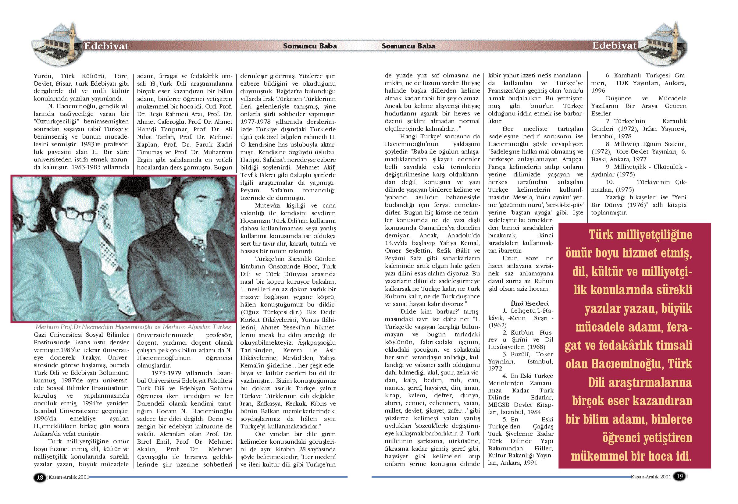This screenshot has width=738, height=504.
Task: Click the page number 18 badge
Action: (40, 477)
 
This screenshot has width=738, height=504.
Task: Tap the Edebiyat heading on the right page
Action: (614, 46)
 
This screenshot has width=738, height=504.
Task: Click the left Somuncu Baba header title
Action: (310, 46)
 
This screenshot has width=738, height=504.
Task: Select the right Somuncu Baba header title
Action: (408, 46)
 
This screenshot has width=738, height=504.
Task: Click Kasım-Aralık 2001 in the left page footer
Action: (69, 477)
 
